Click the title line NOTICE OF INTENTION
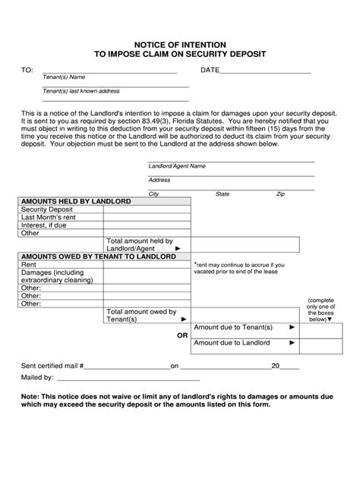180,45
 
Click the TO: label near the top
27,70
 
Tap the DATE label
210,70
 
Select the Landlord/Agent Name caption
177,165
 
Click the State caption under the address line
223,194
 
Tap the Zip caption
280,194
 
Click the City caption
153,194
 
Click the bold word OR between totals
182,335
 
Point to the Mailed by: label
36,376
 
